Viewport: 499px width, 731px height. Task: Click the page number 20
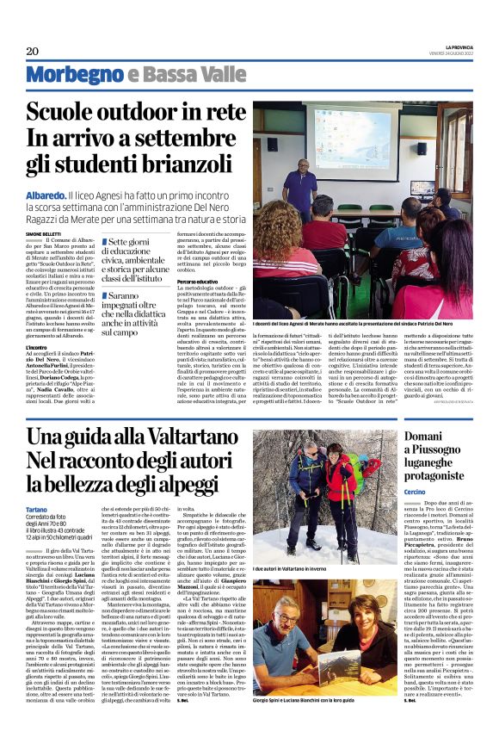click(31, 51)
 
